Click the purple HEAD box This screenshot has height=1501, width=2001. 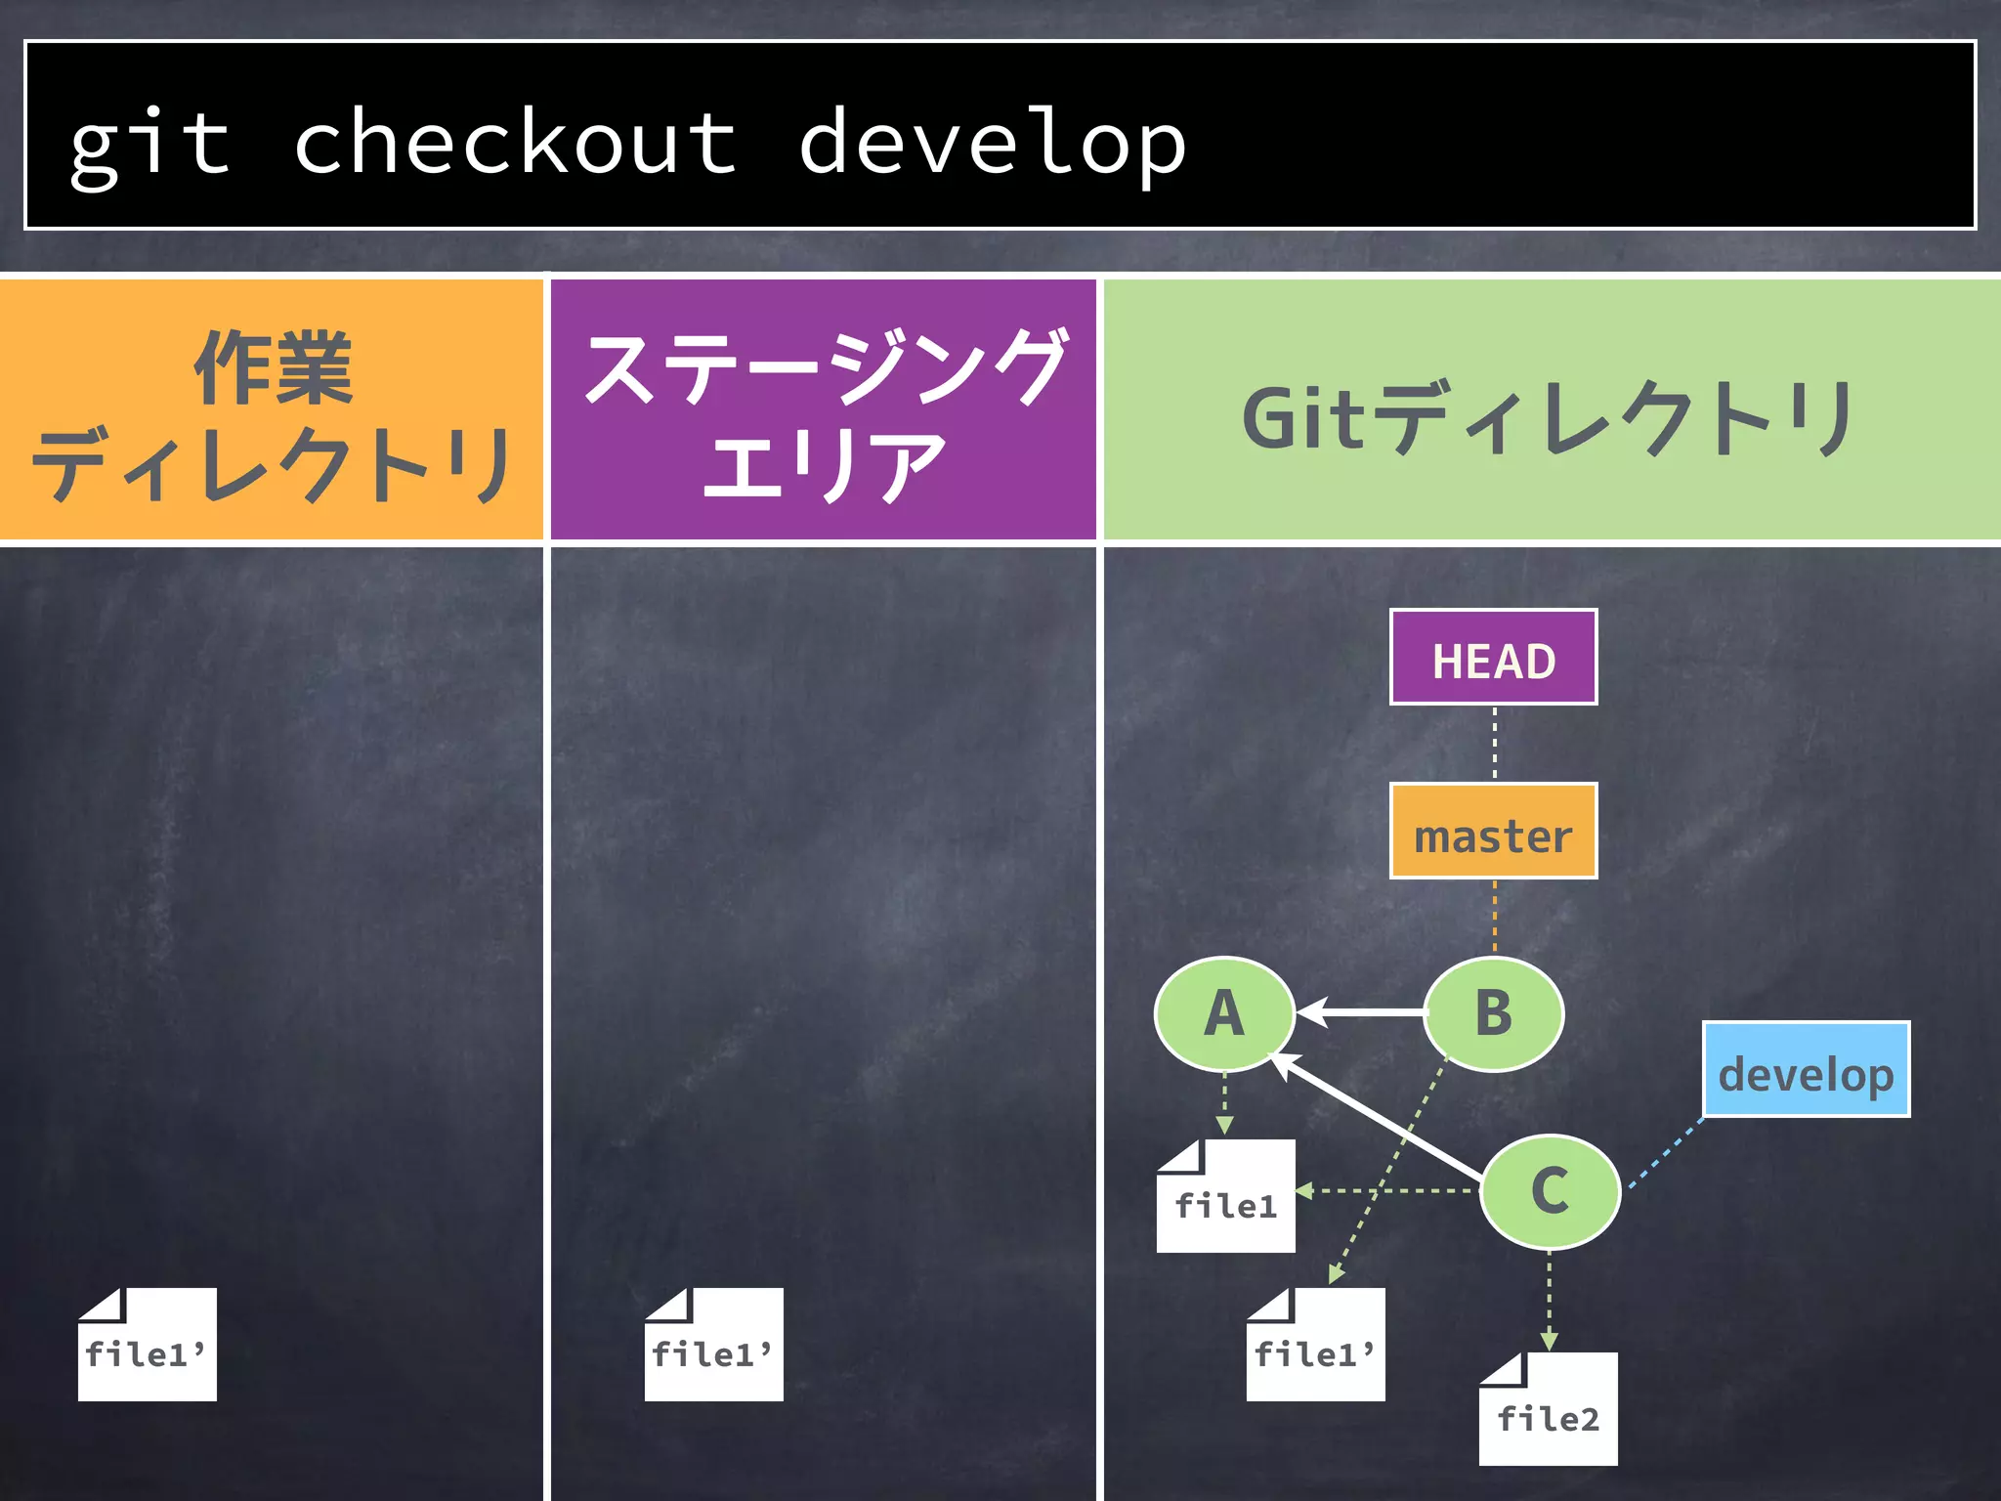(x=1493, y=658)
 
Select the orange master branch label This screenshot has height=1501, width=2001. (x=1493, y=832)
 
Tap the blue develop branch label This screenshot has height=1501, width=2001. (x=1806, y=1070)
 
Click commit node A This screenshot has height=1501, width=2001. (x=1224, y=1013)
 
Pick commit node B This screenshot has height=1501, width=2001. (x=1494, y=1013)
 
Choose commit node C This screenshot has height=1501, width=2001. (x=1550, y=1191)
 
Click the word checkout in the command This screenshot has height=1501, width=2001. (x=515, y=143)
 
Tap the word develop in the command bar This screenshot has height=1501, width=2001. (x=992, y=143)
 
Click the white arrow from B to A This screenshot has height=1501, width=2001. (x=1363, y=1012)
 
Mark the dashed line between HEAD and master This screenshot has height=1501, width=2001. (x=1494, y=744)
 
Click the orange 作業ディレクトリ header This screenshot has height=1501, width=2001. (x=272, y=410)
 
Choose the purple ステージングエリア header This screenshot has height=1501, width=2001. (x=823, y=410)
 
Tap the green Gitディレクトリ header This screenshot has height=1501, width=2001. (x=1551, y=410)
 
